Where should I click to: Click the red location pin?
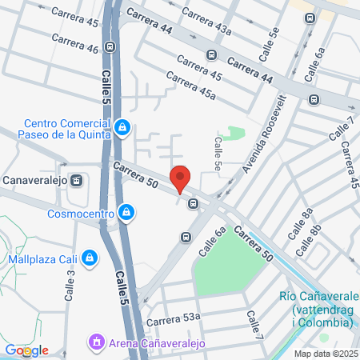point(180,178)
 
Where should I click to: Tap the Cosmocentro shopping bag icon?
point(126,212)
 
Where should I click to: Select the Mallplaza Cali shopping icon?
point(90,258)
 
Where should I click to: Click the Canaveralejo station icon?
point(77,180)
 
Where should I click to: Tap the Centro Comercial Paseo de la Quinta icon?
point(122,126)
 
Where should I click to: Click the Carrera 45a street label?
point(190,86)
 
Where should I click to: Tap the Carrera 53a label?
point(173,319)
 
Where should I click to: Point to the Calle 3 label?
point(70,282)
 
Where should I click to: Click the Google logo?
point(26,350)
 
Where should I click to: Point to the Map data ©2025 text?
point(326,354)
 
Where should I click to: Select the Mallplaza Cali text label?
point(41,258)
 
